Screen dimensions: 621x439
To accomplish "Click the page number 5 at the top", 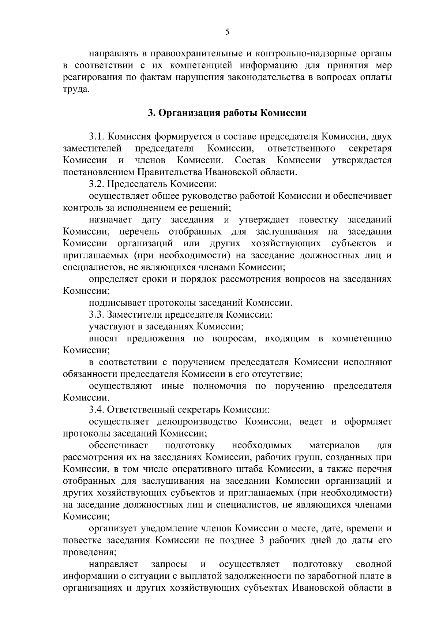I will tap(227, 32).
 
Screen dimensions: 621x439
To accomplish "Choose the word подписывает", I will tap(117, 303).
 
